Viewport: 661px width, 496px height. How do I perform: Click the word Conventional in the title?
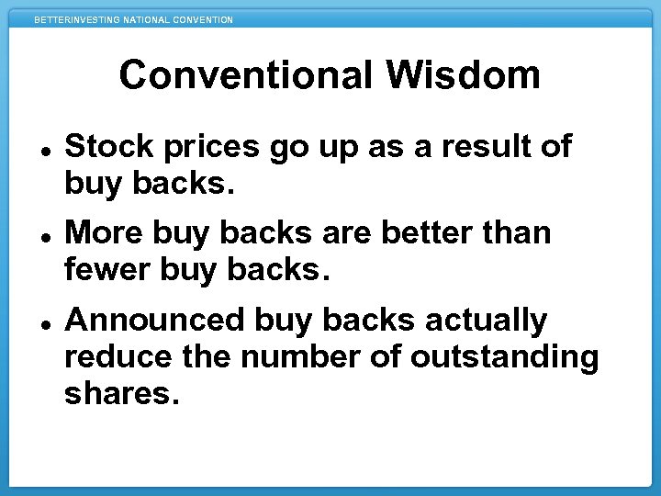pos(243,75)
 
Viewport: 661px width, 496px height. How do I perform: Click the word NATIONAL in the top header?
pos(148,20)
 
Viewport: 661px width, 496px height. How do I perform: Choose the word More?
pos(104,233)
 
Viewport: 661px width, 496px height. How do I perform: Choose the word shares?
pos(118,395)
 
